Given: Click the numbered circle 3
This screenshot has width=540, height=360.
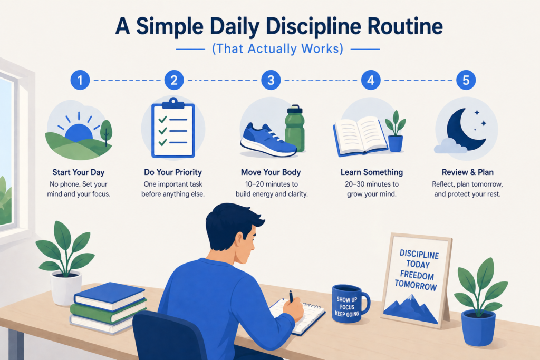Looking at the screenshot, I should tap(271, 81).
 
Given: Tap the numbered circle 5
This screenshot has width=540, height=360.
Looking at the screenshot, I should tap(466, 81).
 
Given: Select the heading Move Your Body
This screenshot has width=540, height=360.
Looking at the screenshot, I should tap(270, 172).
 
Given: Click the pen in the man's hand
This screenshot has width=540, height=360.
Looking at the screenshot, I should tap(291, 296).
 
